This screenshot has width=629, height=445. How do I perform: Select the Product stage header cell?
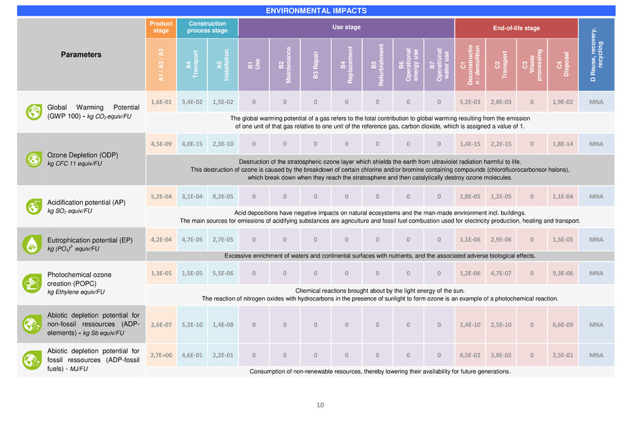pos(161,27)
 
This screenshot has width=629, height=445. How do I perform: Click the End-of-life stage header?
pos(516,27)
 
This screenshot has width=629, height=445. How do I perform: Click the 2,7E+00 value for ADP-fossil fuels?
pos(161,355)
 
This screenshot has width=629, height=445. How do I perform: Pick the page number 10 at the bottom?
pos(319,405)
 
